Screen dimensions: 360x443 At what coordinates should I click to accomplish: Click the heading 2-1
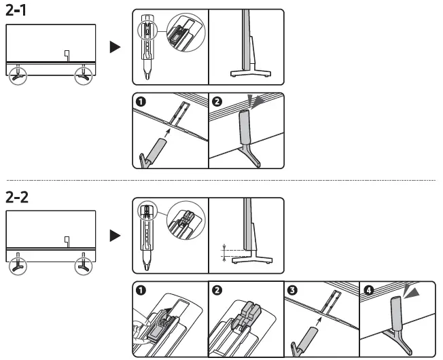coord(18,11)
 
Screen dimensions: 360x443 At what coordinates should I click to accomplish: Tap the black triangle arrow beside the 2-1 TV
coord(116,47)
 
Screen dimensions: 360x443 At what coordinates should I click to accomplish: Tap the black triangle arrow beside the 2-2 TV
coord(116,236)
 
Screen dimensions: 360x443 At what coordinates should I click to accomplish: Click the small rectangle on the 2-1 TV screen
coord(67,54)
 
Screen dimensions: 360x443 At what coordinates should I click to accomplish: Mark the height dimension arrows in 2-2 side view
coord(224,251)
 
